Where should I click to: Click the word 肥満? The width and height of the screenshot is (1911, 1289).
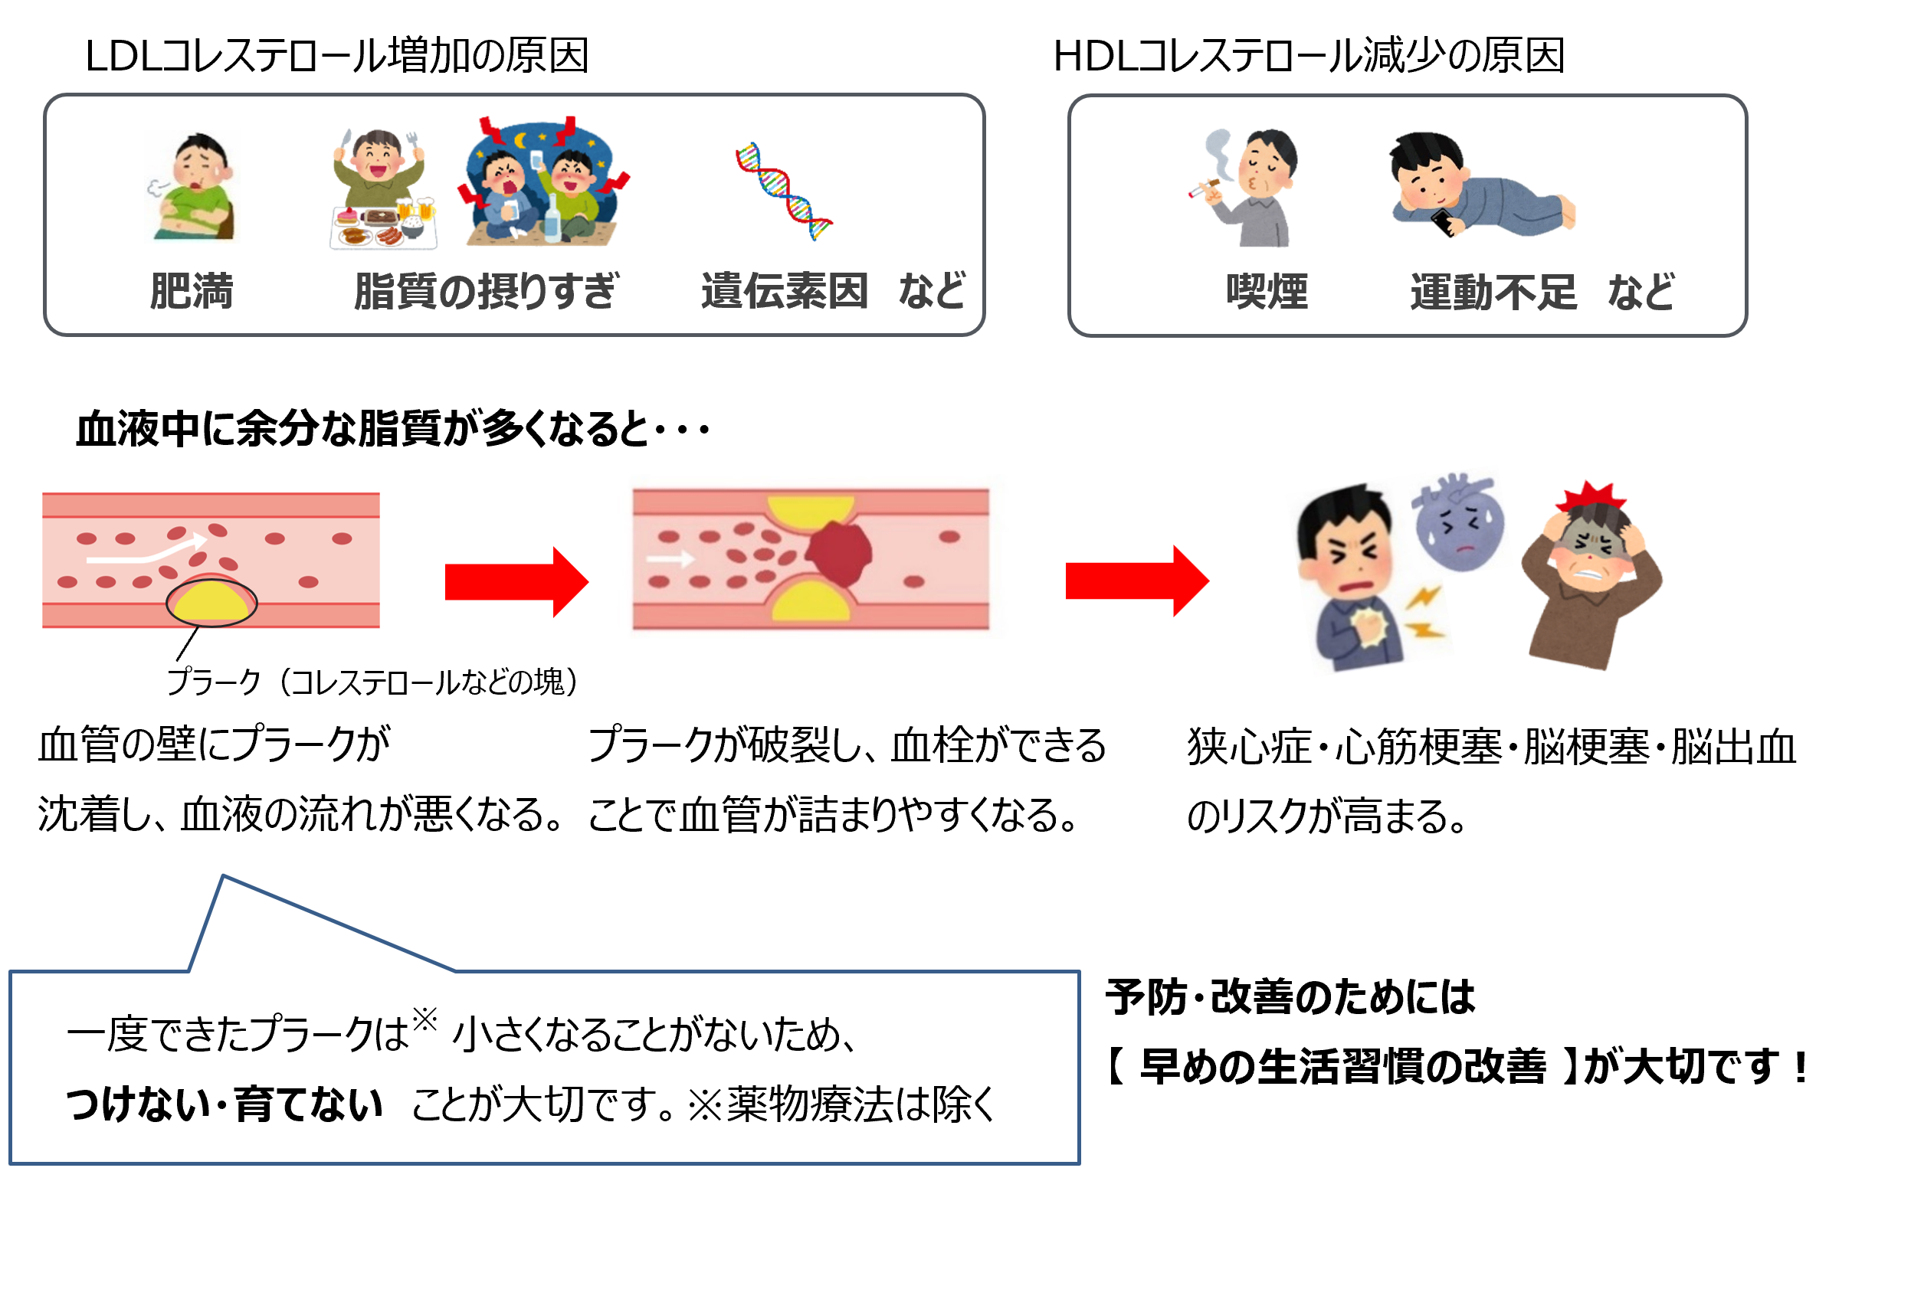click(192, 292)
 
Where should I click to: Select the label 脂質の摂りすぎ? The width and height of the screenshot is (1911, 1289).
click(485, 292)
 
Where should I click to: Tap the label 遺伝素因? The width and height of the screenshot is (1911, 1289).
click(785, 292)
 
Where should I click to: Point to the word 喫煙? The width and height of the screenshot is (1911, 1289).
click(1267, 292)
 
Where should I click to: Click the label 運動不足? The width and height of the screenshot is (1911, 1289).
click(1493, 292)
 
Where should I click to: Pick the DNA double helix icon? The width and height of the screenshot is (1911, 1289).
click(783, 191)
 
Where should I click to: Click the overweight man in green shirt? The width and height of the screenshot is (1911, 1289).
click(192, 188)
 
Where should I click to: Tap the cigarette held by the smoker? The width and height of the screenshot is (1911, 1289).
click(1203, 189)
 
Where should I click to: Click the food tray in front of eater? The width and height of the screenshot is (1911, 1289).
click(382, 227)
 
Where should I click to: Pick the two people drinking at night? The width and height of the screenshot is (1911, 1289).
click(542, 185)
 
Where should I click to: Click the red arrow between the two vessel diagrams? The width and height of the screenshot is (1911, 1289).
click(516, 581)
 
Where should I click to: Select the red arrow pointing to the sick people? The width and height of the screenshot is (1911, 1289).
click(1136, 581)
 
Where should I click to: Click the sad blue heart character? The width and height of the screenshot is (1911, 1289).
click(1460, 526)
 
